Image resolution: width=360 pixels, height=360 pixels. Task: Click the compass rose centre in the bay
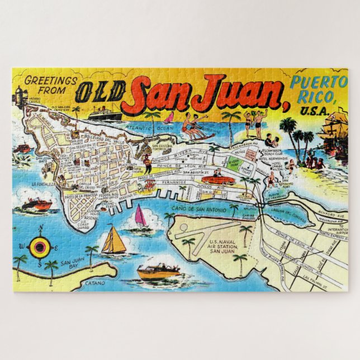[40, 246]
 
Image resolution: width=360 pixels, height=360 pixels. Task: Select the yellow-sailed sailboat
[114, 241]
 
